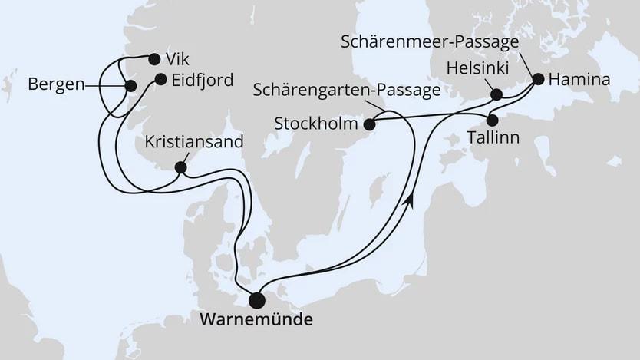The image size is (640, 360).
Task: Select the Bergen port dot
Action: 130,86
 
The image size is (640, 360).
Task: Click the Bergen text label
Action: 55,84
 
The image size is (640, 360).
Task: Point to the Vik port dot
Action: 154,59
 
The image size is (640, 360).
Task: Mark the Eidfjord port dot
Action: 160,78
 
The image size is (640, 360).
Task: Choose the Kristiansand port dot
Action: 180,167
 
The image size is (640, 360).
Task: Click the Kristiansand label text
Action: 194,142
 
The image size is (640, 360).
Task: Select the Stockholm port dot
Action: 369,124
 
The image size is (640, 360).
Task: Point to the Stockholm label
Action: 317,124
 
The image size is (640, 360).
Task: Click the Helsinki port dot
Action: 496,95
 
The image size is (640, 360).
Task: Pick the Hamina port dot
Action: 538,78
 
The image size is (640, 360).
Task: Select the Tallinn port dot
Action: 493,121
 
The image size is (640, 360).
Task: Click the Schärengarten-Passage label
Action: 347,91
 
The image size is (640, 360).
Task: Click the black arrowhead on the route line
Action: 412,200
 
